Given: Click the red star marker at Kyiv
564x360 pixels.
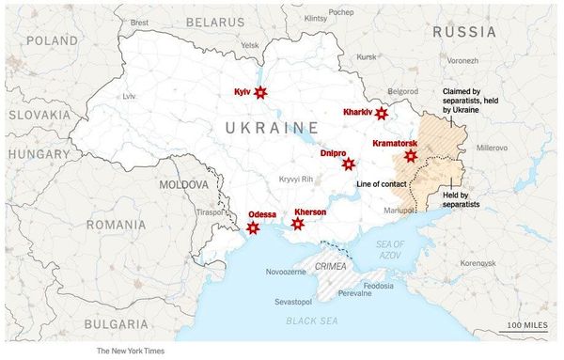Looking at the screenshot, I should coord(260,92).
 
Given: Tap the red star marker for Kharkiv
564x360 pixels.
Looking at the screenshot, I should coord(381,114).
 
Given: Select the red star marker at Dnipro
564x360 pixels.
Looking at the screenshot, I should coord(349,164).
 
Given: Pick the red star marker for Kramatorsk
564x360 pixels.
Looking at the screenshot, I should coord(410,156).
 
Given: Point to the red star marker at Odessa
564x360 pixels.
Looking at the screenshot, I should coord(252,228).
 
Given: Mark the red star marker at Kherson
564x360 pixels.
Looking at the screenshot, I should coord(298,224).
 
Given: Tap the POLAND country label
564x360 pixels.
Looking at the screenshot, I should coord(53,40).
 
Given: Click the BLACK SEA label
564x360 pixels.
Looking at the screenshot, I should coord(312,321).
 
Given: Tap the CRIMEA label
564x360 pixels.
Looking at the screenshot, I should coord(330,267).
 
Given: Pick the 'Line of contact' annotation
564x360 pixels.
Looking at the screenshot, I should coord(382,183).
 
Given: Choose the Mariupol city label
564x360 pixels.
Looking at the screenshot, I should coord(399,211).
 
